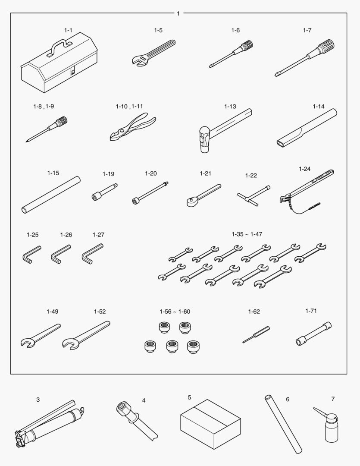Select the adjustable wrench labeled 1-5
click(x=153, y=53)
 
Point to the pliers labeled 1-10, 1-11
click(x=132, y=127)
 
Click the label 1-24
click(x=304, y=169)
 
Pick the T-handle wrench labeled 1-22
click(x=254, y=196)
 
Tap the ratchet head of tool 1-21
click(x=191, y=202)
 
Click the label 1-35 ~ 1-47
click(x=247, y=234)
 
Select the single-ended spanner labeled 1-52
click(x=86, y=335)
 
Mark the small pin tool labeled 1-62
click(x=256, y=334)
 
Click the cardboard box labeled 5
click(x=210, y=424)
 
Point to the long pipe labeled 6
click(x=283, y=424)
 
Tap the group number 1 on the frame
click(x=178, y=13)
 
